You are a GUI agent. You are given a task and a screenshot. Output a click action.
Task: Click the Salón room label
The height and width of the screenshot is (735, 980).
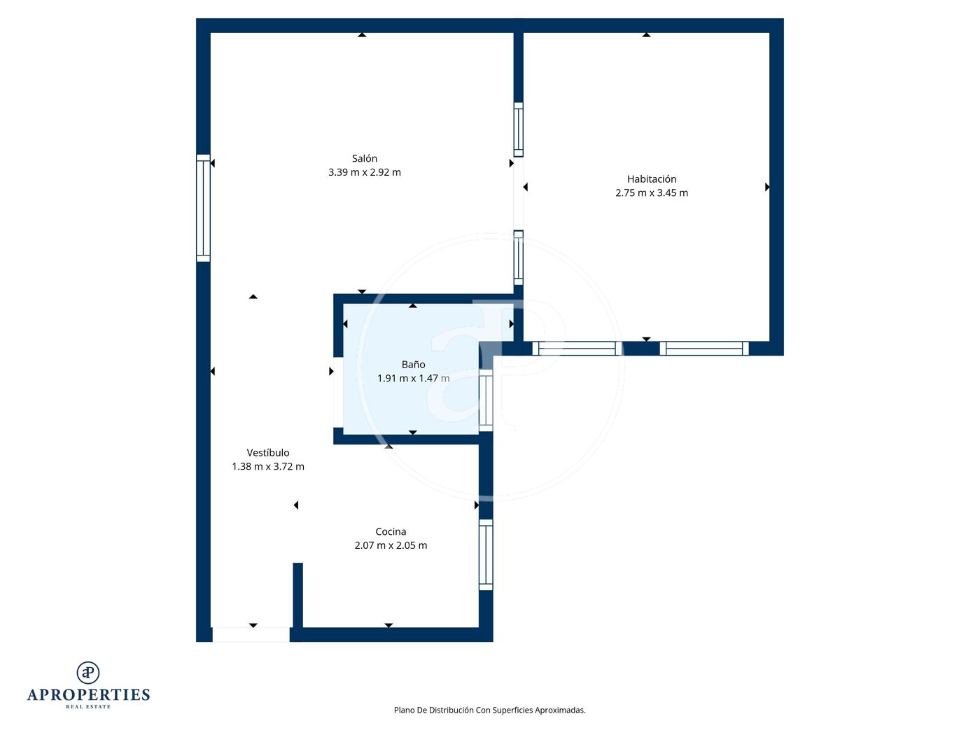pyautogui.click(x=364, y=158)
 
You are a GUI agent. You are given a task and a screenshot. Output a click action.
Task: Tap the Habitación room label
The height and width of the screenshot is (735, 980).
pyautogui.click(x=652, y=179)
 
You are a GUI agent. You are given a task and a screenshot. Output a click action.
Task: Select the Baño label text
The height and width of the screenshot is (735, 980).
pyautogui.click(x=413, y=364)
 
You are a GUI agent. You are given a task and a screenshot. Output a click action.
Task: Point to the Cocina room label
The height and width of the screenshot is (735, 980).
pyautogui.click(x=391, y=531)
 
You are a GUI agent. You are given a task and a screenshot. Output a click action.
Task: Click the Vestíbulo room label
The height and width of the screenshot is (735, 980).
pyautogui.click(x=268, y=452)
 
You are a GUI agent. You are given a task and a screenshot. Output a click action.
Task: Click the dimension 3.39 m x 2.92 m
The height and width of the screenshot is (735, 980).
pyautogui.click(x=364, y=172)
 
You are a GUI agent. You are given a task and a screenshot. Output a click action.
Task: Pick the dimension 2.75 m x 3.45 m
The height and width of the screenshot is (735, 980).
pyautogui.click(x=652, y=192)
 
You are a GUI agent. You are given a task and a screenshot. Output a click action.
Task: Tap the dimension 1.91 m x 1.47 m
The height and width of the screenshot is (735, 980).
pyautogui.click(x=413, y=379)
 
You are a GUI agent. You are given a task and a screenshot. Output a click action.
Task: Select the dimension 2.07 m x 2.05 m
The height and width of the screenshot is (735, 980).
pyautogui.click(x=391, y=545)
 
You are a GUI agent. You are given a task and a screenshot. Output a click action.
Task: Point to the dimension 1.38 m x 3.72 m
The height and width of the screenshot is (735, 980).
pyautogui.click(x=268, y=466)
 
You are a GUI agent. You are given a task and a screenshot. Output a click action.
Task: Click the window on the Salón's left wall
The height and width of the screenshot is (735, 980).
pyautogui.click(x=203, y=208)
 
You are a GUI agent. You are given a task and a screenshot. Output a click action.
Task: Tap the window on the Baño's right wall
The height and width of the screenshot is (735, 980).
pyautogui.click(x=486, y=400)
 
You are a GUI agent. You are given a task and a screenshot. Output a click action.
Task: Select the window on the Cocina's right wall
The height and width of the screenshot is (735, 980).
pyautogui.click(x=486, y=554)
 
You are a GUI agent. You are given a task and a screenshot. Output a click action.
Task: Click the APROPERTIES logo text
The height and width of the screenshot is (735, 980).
pyautogui.click(x=88, y=695)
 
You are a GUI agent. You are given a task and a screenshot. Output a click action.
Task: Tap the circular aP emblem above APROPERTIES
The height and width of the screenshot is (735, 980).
pyautogui.click(x=88, y=673)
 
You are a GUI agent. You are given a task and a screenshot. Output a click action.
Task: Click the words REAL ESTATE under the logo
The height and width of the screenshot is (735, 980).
pyautogui.click(x=88, y=707)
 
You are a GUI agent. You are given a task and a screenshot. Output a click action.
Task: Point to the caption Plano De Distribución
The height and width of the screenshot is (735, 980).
pyautogui.click(x=433, y=710)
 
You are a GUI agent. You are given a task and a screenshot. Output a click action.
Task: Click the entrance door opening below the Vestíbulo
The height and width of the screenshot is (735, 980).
pyautogui.click(x=251, y=635)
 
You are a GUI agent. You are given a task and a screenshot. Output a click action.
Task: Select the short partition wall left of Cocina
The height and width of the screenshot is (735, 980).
pyautogui.click(x=297, y=595)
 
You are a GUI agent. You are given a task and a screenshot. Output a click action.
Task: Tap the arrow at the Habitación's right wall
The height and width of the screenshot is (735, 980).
pyautogui.click(x=767, y=187)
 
